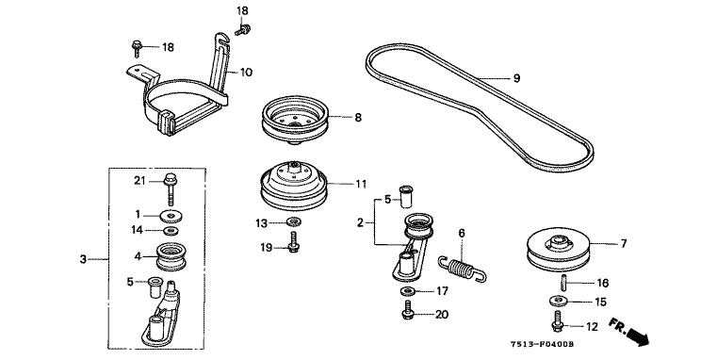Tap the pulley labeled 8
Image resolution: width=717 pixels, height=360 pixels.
click(x=296, y=119)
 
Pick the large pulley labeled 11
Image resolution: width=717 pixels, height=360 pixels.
click(x=294, y=186)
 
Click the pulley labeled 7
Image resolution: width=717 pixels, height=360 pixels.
click(x=560, y=253)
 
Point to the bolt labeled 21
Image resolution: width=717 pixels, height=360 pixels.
click(x=171, y=188)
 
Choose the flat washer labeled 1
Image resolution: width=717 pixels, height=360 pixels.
click(x=171, y=215)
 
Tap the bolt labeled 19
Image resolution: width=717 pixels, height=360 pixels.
click(x=294, y=241)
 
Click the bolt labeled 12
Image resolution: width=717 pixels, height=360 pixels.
click(x=559, y=321)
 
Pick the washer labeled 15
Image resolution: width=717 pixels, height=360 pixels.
click(x=558, y=301)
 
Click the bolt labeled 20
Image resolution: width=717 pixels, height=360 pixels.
click(x=407, y=310)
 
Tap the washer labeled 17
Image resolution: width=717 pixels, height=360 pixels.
click(x=406, y=291)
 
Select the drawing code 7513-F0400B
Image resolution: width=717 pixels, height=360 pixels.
click(x=543, y=344)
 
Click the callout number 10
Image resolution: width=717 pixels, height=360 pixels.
click(x=246, y=73)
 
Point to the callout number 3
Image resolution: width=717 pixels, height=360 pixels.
click(x=83, y=259)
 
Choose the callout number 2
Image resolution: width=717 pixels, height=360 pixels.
click(x=360, y=222)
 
